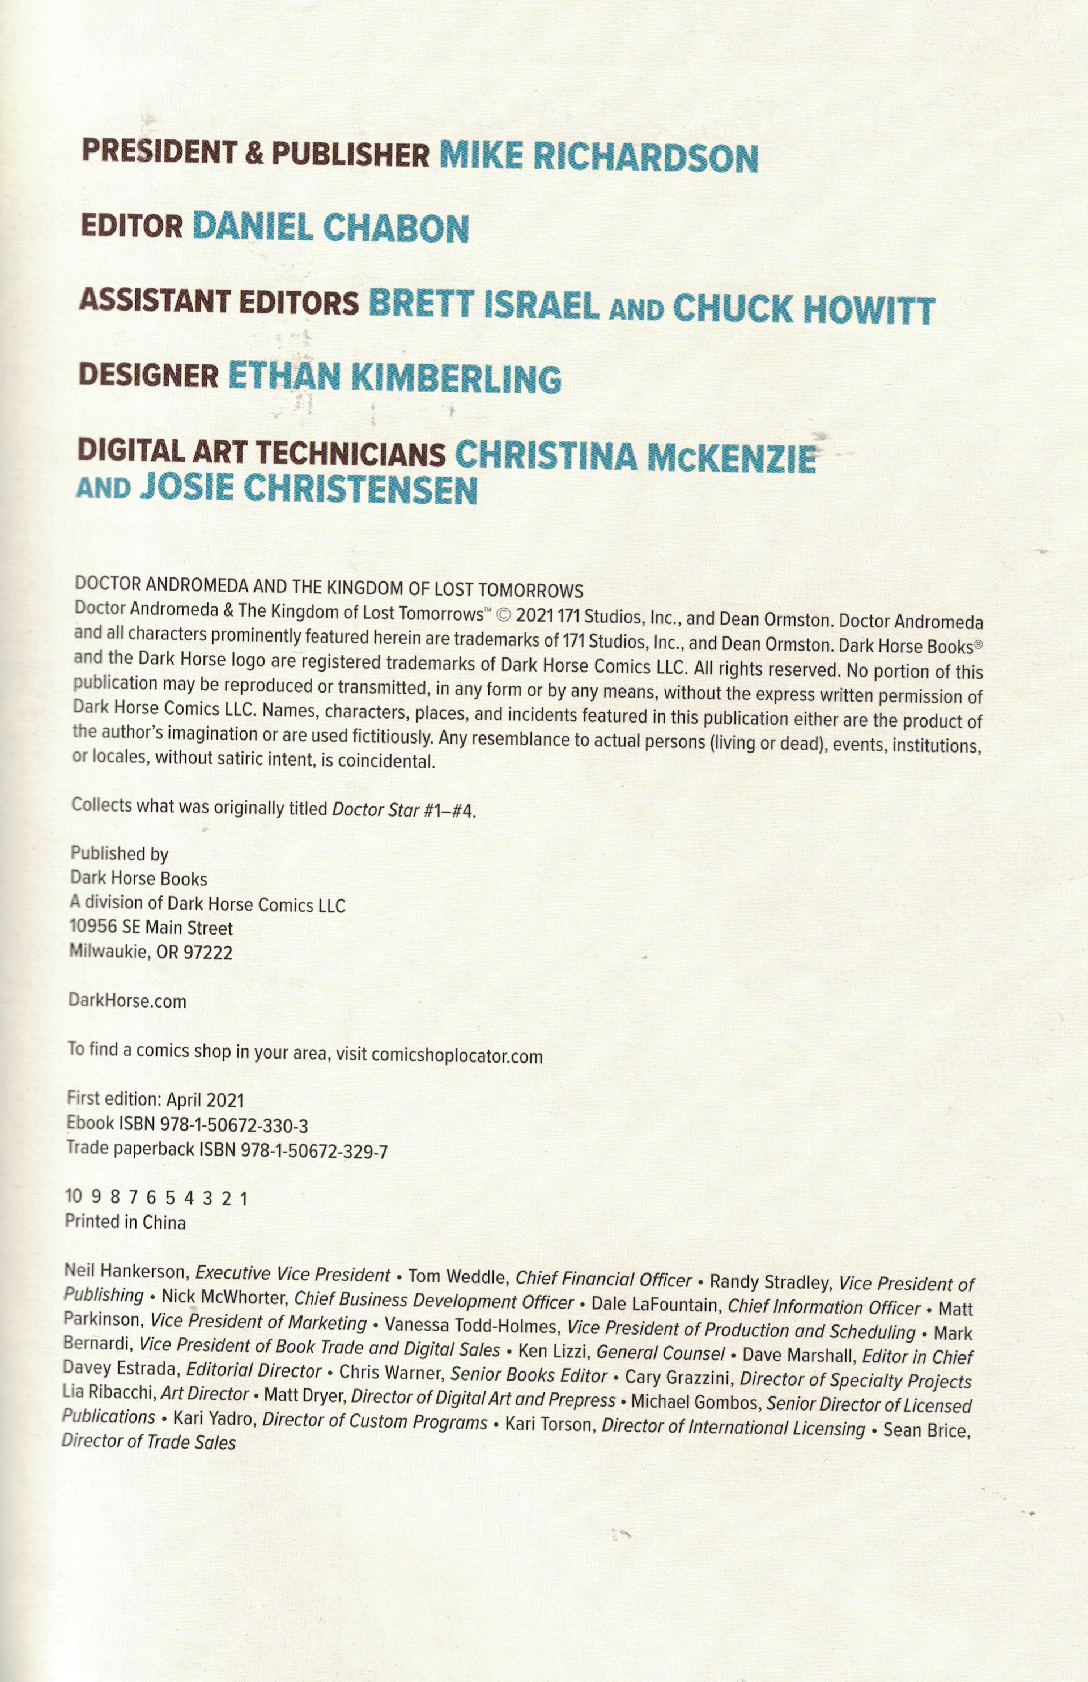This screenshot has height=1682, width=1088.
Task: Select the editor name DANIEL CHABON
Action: (330, 227)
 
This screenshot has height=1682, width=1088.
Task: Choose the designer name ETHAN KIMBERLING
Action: (394, 377)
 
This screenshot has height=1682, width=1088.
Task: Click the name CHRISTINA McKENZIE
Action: (635, 457)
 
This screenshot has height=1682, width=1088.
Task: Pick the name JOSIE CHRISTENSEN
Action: (309, 489)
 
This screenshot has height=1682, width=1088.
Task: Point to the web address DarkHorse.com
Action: (127, 1001)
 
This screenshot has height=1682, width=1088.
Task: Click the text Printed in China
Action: (125, 1222)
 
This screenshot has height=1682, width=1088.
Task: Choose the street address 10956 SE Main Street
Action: (151, 927)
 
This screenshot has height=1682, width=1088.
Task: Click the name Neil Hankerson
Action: (124, 1272)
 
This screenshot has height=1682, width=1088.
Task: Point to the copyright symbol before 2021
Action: (504, 614)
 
